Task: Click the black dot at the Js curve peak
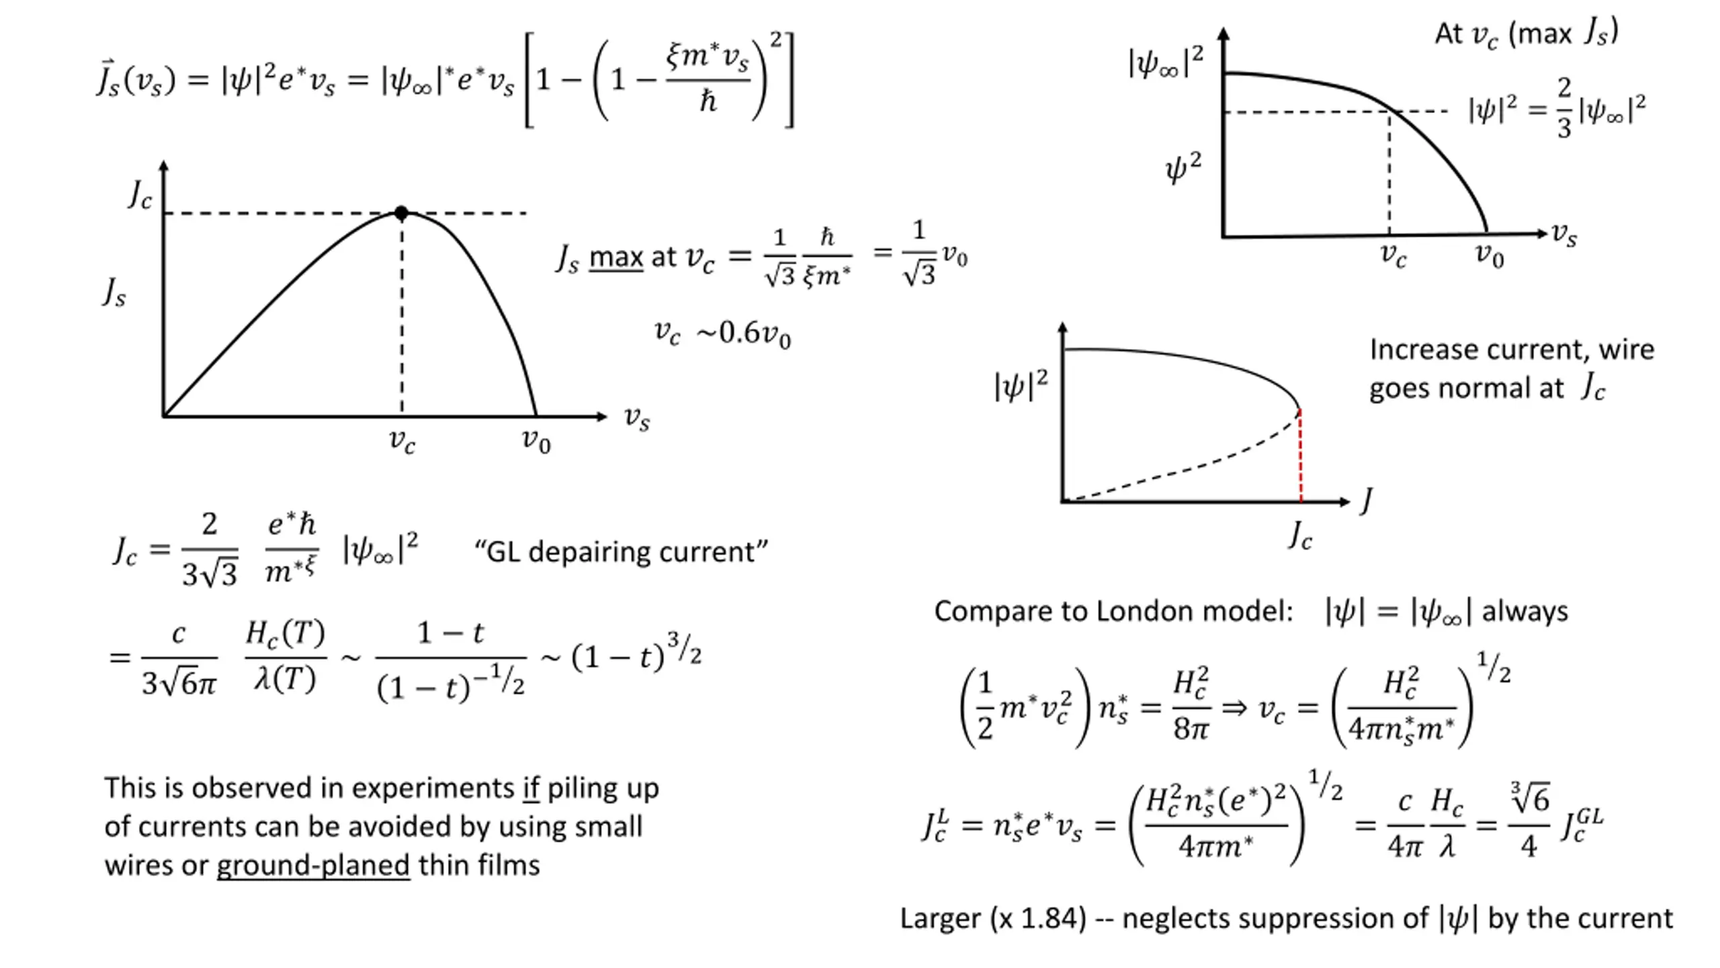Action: tap(401, 213)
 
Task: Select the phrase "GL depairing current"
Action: tap(621, 552)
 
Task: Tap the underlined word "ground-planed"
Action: tap(313, 865)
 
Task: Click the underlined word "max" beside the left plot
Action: tap(616, 257)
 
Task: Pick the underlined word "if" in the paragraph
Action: tap(531, 788)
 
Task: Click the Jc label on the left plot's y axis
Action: tap(140, 196)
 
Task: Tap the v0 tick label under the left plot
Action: tap(536, 441)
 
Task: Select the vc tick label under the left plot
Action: tap(402, 441)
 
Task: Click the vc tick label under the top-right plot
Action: tap(1393, 255)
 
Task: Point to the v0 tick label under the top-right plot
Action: tap(1489, 255)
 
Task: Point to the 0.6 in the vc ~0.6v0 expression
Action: tap(739, 333)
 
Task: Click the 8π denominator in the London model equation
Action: tap(1191, 728)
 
